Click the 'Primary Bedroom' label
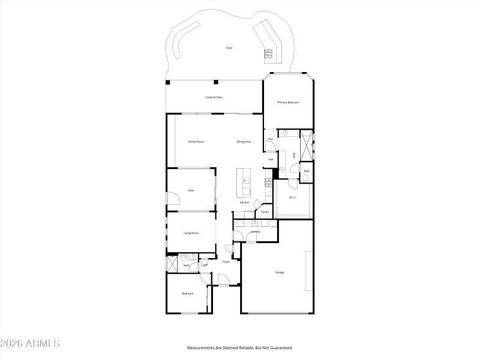[287, 103]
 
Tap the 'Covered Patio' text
[214, 97]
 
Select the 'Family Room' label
[196, 142]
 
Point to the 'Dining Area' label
[244, 142]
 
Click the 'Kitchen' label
[245, 202]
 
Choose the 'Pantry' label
[265, 212]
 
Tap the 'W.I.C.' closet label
[293, 197]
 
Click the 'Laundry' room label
[255, 232]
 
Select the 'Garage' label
[280, 272]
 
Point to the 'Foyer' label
[226, 262]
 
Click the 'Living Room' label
[191, 233]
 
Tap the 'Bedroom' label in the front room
[188, 293]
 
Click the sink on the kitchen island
[245, 180]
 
